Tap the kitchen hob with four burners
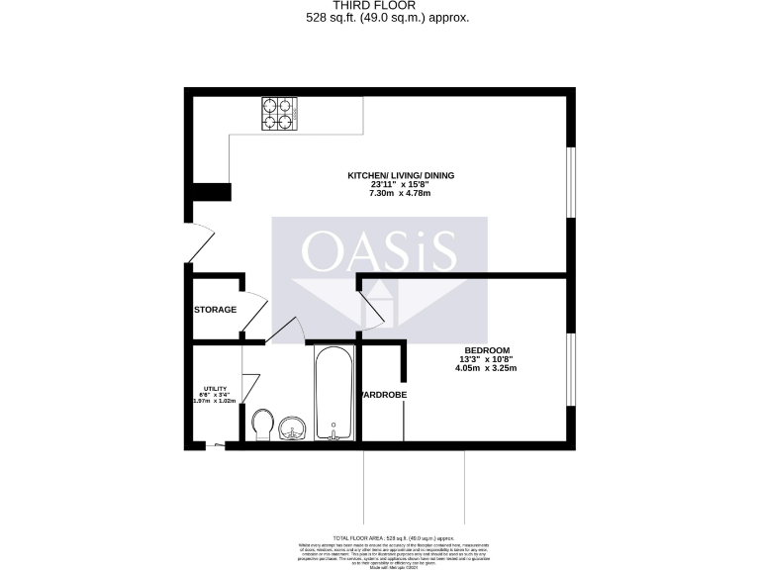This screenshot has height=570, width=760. [x=280, y=113]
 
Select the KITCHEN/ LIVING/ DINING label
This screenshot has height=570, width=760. [x=401, y=175]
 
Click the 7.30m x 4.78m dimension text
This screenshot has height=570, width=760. [x=401, y=193]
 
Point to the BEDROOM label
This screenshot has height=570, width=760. [x=487, y=351]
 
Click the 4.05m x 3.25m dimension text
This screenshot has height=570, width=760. [x=487, y=368]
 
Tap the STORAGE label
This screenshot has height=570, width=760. [x=215, y=310]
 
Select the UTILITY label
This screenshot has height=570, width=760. [x=216, y=389]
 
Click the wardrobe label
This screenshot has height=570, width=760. [x=383, y=395]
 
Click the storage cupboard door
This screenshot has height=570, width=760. [x=253, y=315]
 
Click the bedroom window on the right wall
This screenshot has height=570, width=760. [x=569, y=369]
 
